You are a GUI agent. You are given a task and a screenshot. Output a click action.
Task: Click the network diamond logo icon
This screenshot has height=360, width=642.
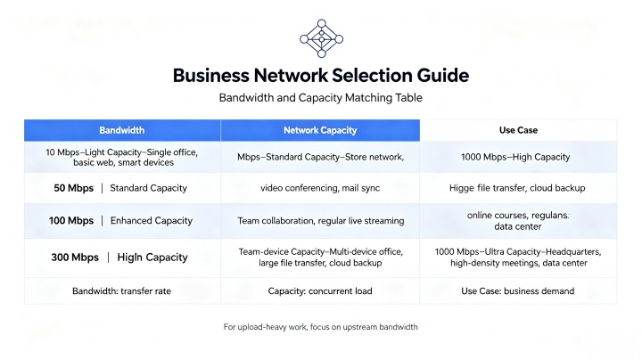pos(321,38)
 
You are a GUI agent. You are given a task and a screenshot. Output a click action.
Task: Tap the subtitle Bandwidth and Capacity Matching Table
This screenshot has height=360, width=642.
pos(321,98)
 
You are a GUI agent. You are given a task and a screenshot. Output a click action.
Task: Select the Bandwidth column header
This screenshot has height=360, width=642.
pos(121,130)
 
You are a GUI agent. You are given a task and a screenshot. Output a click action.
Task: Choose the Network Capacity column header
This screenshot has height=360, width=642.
pos(320,130)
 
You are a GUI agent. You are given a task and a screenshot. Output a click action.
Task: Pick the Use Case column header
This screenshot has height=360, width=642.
pos(518,130)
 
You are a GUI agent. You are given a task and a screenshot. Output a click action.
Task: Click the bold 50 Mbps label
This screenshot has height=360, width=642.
pos(74,188)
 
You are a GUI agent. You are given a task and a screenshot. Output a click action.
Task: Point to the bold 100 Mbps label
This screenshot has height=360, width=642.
pos(71,221)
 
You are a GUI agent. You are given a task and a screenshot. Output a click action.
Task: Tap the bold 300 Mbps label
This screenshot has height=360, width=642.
pos(75,258)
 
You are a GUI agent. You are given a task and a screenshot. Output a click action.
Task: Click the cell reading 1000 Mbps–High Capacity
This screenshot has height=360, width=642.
pos(515,157)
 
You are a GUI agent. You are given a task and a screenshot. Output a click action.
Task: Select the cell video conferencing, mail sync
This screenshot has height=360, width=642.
pos(320,188)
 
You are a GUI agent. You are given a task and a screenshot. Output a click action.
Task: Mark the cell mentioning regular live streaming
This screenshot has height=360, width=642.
pos(321,221)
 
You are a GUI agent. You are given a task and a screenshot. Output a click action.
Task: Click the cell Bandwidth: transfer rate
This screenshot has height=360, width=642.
pos(121,291)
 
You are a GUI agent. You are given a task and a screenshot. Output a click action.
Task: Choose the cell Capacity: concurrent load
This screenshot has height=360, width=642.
pos(320,291)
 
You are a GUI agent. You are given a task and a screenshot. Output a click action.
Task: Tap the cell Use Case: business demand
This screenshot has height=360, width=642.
pos(518,291)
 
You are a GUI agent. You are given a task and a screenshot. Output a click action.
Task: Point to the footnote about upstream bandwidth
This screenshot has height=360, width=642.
pos(321,327)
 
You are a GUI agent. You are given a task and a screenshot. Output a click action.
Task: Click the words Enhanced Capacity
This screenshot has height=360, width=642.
pos(152,221)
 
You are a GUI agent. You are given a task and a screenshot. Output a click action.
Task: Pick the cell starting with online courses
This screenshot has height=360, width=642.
pos(518,221)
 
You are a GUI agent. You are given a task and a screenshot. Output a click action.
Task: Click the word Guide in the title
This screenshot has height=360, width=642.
pos(443,76)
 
